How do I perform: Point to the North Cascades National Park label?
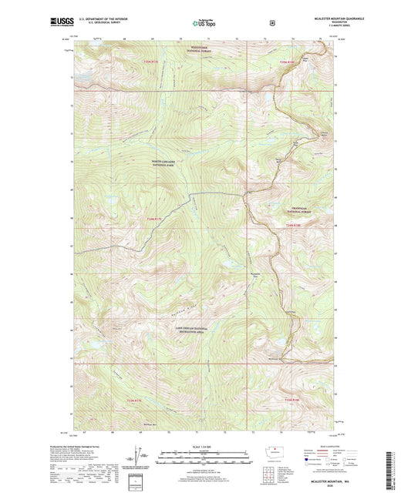click(165, 163)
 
